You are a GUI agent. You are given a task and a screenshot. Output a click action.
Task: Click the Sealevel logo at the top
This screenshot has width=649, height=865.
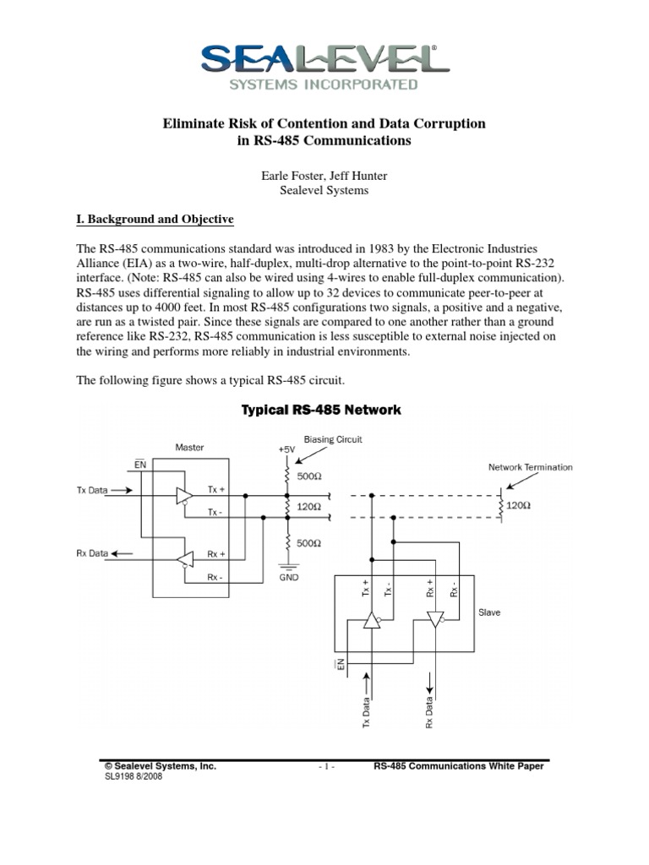point(324,66)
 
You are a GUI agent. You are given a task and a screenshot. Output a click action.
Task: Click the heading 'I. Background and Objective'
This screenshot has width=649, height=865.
point(155,220)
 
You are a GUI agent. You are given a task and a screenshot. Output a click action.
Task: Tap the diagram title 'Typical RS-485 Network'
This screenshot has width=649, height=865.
point(321,411)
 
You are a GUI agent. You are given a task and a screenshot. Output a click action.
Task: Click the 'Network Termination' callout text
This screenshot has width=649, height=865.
point(531,467)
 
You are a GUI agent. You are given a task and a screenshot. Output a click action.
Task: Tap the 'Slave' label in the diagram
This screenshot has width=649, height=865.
point(489,612)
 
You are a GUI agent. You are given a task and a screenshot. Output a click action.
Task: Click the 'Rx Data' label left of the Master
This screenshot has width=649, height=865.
point(93,554)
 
